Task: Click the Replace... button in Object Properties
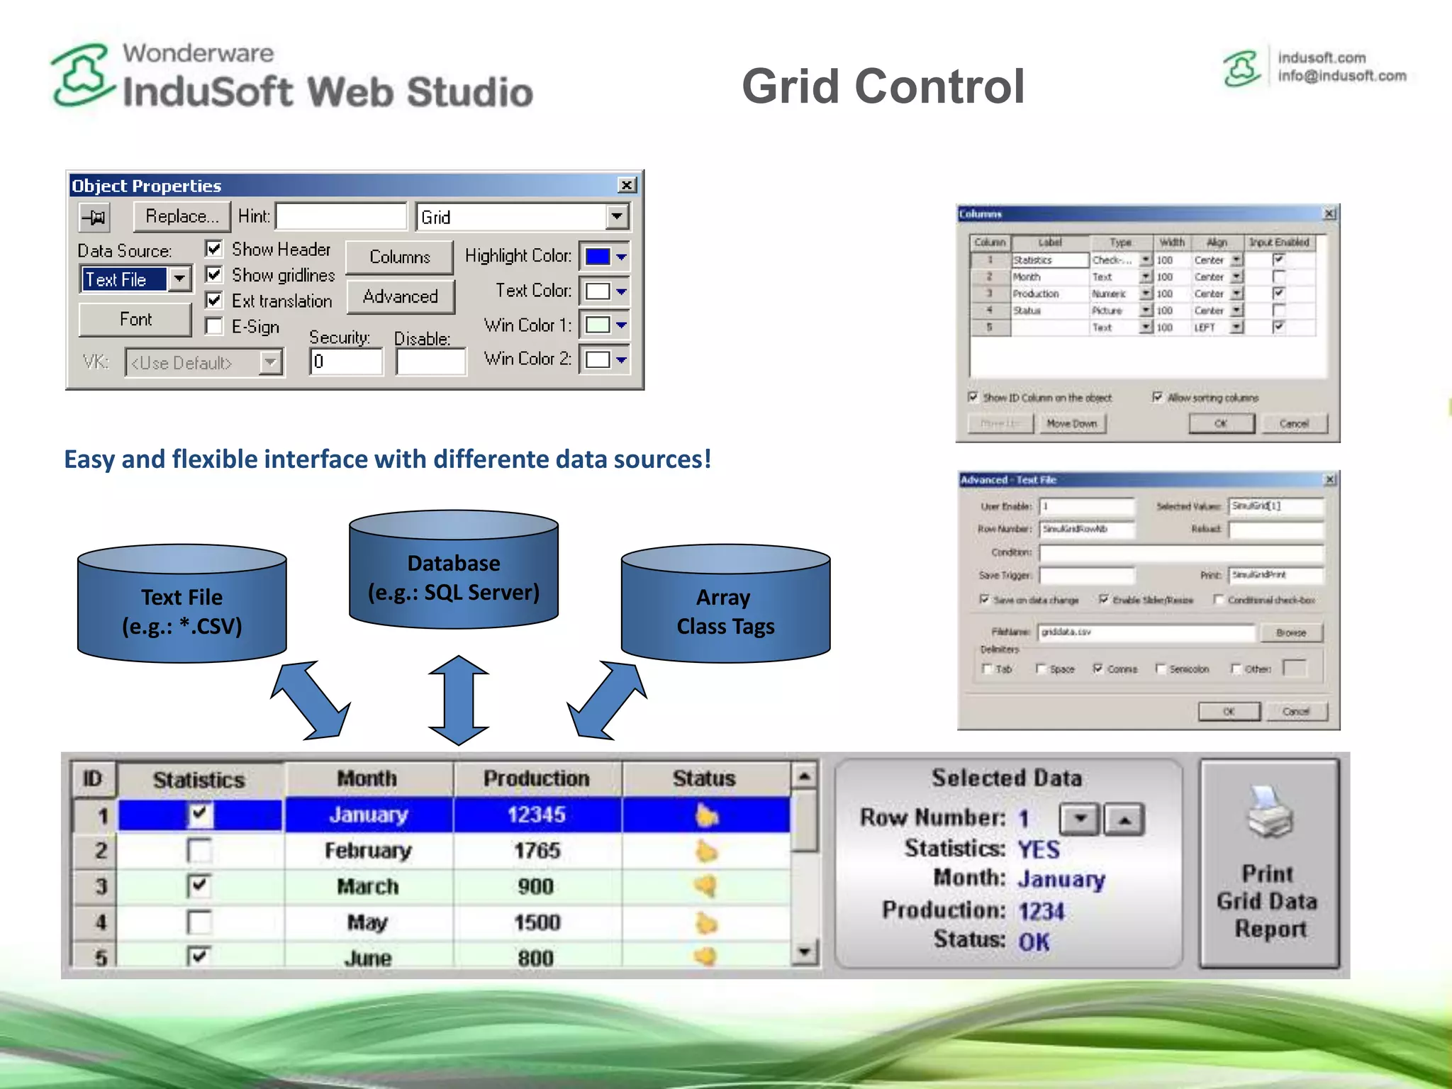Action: coord(181,216)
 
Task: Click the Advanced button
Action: coord(400,296)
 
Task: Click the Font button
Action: coord(135,320)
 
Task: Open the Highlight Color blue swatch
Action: coord(598,256)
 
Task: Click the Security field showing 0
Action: coord(346,362)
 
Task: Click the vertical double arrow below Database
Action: coord(459,700)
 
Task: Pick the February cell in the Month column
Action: coord(368,850)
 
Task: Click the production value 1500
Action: coord(537,922)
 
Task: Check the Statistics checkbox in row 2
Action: coord(199,850)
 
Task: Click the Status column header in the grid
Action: coord(704,778)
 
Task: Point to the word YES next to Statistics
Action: coord(1039,849)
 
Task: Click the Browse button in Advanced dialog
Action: coord(1290,632)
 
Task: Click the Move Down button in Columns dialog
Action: coord(1071,423)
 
